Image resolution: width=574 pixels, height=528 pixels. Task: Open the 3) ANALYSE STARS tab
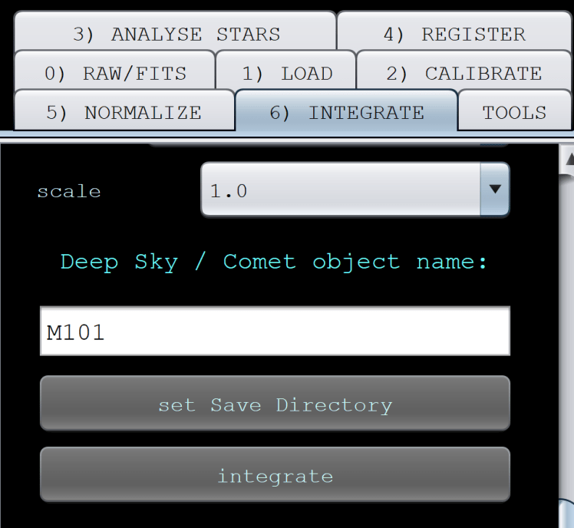pos(176,35)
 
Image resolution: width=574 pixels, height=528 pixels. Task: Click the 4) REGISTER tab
pos(454,35)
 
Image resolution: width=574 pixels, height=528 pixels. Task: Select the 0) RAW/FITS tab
pos(115,74)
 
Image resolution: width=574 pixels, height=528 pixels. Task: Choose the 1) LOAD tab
pos(286,74)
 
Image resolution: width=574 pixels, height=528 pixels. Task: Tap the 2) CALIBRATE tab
pos(463,74)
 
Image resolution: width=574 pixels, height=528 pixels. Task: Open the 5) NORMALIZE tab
pos(124,112)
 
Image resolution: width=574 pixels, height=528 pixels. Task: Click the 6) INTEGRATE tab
pos(346,112)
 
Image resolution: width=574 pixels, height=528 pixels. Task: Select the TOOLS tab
pos(514,112)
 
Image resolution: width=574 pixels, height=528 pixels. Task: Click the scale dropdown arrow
pos(495,190)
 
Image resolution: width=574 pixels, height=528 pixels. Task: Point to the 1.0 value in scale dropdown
pos(229,191)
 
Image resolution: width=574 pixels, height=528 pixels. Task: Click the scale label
pos(69,191)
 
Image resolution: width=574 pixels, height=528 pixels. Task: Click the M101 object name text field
pos(275,332)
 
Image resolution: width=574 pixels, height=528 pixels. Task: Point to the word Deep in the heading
pos(89,262)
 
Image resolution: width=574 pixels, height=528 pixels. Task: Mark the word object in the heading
pos(356,262)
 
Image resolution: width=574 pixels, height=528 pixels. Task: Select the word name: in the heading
pos(452,262)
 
